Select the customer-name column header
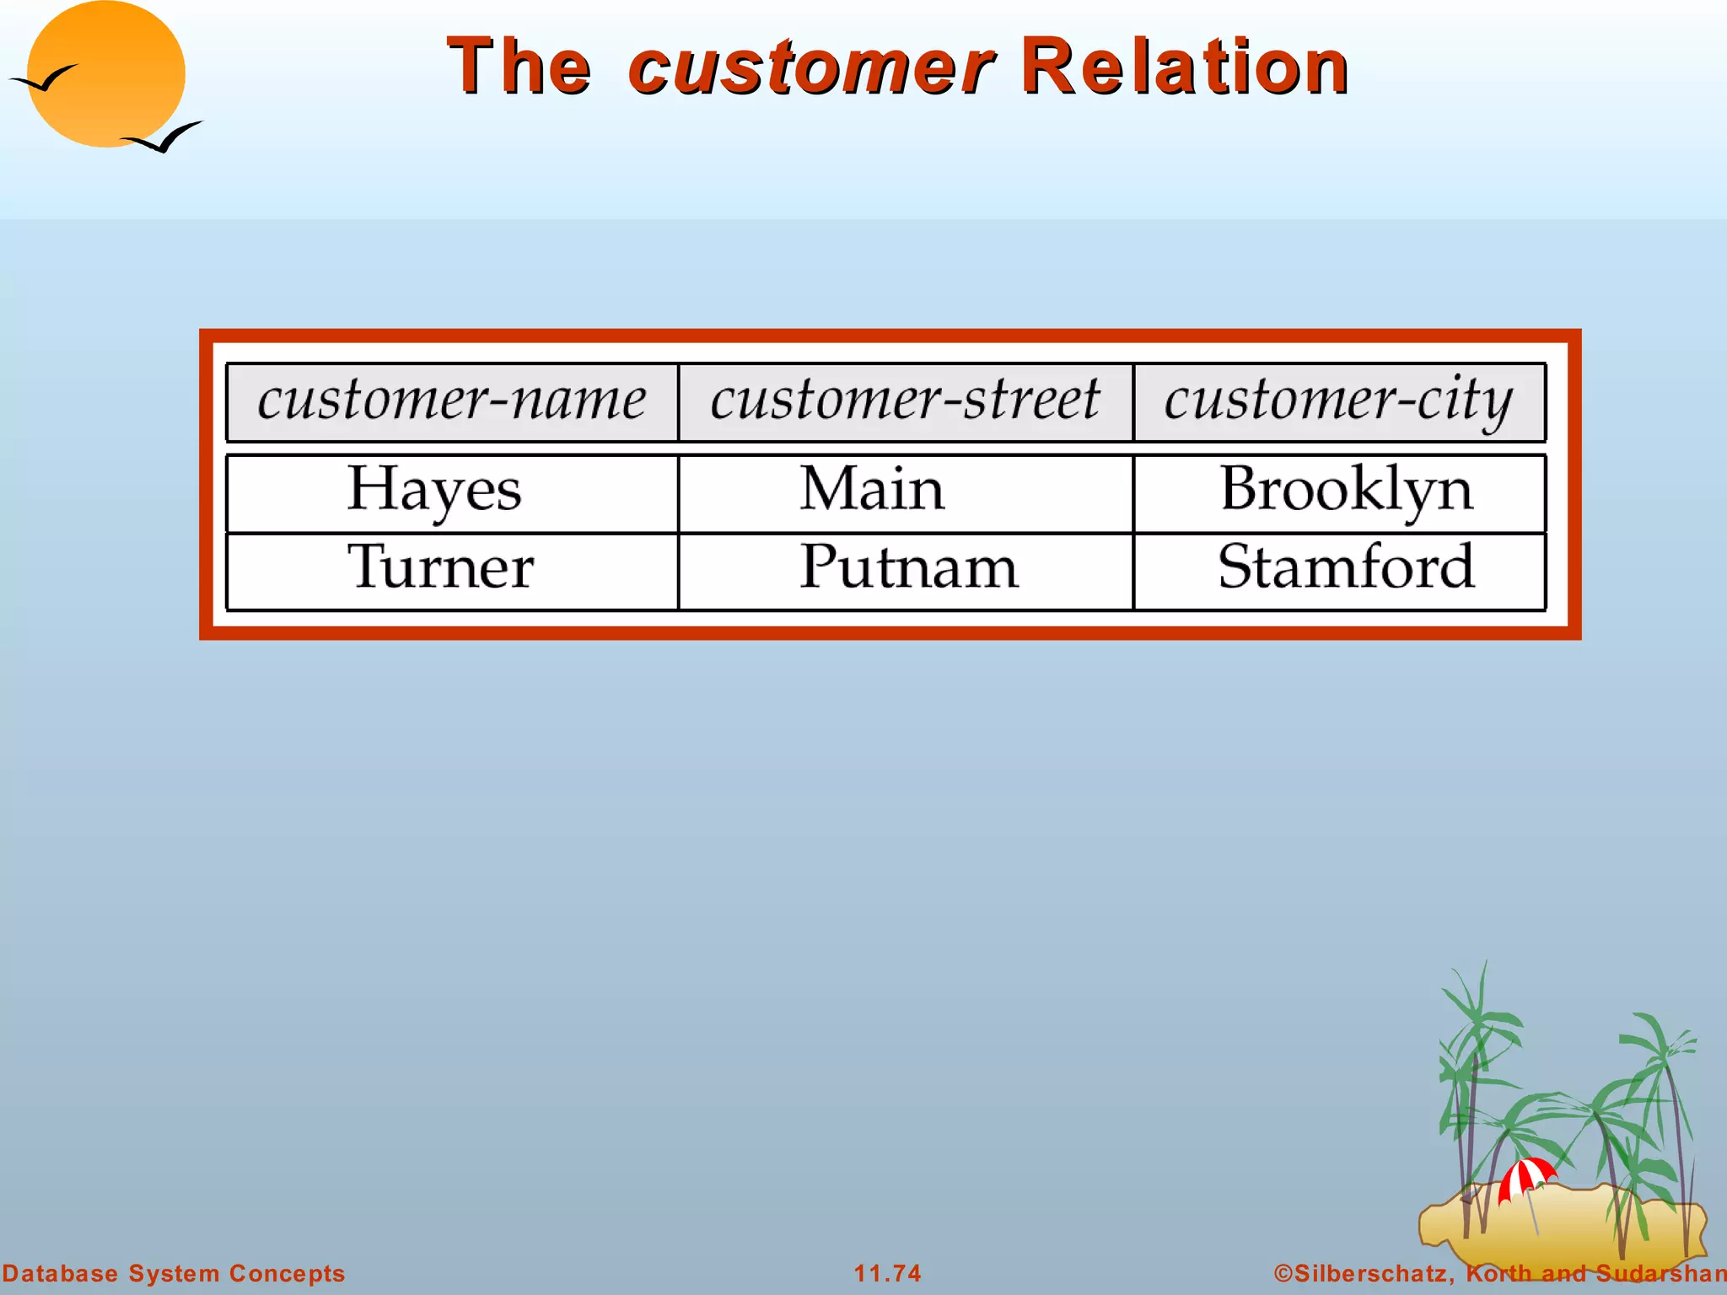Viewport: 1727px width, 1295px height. click(x=452, y=400)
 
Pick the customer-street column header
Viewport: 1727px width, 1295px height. click(x=905, y=400)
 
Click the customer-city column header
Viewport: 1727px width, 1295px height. click(x=1339, y=400)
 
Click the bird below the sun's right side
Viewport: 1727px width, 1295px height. click(x=164, y=138)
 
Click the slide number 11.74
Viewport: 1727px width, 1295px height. click(x=887, y=1273)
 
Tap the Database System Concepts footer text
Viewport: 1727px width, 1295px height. click(x=174, y=1273)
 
